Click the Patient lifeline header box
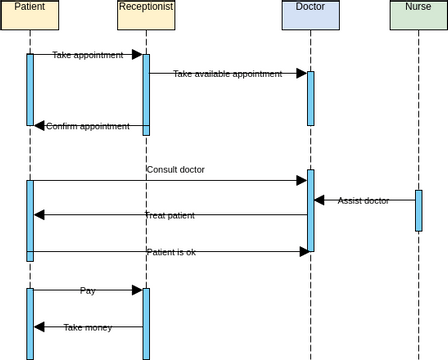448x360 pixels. pos(29,14)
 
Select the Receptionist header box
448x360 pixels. pos(146,14)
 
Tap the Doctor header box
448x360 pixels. pos(310,14)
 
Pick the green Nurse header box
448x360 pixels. pos(418,14)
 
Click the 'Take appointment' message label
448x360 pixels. pos(87,55)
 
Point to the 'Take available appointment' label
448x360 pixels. pos(227,73)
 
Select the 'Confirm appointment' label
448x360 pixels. pos(88,126)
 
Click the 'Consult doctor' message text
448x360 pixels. pos(175,169)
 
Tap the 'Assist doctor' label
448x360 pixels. pos(363,200)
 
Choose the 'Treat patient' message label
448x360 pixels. pos(169,215)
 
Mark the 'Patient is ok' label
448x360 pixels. pos(171,252)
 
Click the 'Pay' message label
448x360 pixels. pos(88,290)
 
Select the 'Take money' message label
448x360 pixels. pos(88,327)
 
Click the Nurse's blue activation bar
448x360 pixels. pos(419,210)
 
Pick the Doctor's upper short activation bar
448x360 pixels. pos(310,98)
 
